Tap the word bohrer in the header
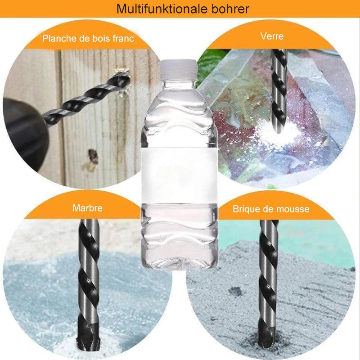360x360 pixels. [x=230, y=9]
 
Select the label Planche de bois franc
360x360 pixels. [x=88, y=38]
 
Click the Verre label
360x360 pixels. [x=272, y=36]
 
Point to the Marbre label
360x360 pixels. [x=87, y=208]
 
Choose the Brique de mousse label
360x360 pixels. [x=271, y=209]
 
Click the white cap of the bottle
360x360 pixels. [x=178, y=68]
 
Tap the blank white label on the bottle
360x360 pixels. [x=179, y=175]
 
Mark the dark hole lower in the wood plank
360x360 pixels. [x=93, y=157]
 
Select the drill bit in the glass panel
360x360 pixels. [x=279, y=92]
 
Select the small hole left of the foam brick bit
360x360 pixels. [x=235, y=292]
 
